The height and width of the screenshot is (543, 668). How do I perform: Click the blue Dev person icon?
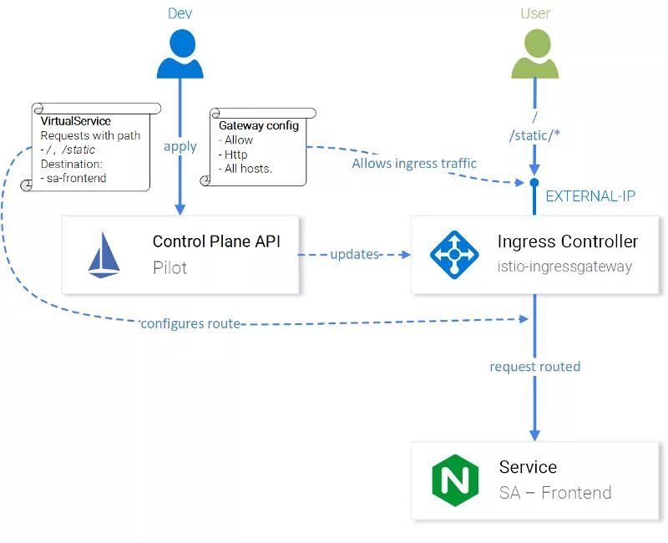[x=180, y=54]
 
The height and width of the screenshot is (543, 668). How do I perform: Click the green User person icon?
[x=534, y=54]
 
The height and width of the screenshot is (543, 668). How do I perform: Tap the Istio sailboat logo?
[x=104, y=254]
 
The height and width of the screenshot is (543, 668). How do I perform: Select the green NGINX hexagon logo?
[x=454, y=480]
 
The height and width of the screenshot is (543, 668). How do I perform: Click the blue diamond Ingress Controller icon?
[x=454, y=254]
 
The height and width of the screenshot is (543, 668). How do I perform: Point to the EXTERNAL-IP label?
[x=590, y=196]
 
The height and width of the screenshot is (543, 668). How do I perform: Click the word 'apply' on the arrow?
[x=180, y=146]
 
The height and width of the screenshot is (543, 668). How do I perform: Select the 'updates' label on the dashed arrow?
[x=355, y=254]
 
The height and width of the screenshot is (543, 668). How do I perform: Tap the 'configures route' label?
[x=190, y=323]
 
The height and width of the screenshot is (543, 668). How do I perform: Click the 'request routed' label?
[x=534, y=367]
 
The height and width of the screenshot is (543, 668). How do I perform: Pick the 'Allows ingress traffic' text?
[x=414, y=164]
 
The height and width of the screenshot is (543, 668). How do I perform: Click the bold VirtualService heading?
[x=75, y=121]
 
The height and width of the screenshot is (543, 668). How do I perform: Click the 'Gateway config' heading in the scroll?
[x=258, y=125]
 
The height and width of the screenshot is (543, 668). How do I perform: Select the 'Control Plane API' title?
[x=216, y=242]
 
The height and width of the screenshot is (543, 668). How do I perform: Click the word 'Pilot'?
[x=170, y=267]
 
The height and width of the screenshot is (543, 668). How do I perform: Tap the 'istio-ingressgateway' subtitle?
[x=564, y=266]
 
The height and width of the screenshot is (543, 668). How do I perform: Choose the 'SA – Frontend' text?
[x=554, y=493]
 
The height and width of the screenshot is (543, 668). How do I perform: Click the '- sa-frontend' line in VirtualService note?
[x=73, y=178]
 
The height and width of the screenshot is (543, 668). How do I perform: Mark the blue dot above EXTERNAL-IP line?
[x=534, y=182]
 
